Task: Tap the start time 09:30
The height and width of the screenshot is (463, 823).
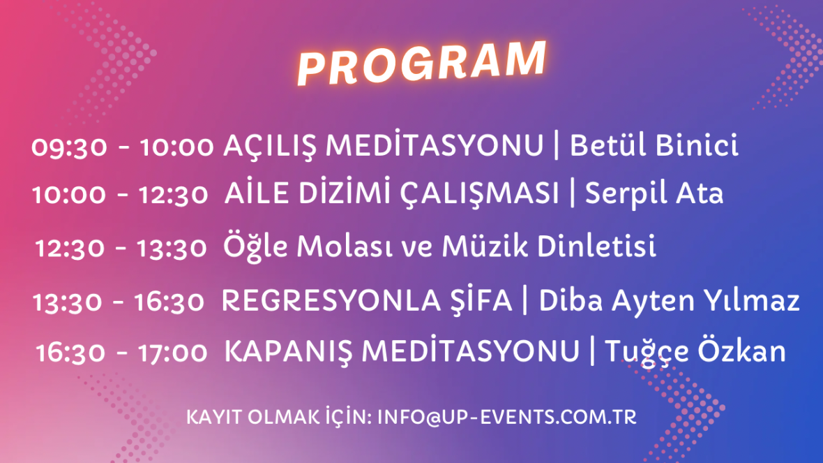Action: (x=69, y=147)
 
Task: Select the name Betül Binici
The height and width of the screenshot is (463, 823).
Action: (x=654, y=145)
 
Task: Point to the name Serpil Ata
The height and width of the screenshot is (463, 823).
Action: (x=654, y=194)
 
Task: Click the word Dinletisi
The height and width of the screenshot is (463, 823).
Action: (x=597, y=246)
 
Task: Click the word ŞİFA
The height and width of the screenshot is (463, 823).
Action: (x=481, y=300)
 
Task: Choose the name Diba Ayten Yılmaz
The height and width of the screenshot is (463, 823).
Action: (x=670, y=301)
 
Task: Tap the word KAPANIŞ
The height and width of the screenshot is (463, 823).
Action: (x=287, y=351)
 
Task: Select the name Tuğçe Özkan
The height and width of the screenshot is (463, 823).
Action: (x=695, y=351)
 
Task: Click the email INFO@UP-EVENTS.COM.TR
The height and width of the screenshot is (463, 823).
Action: (x=507, y=418)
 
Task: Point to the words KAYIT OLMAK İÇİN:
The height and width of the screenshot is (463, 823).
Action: (x=279, y=417)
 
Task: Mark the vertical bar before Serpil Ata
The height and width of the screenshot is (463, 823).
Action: (x=573, y=193)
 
